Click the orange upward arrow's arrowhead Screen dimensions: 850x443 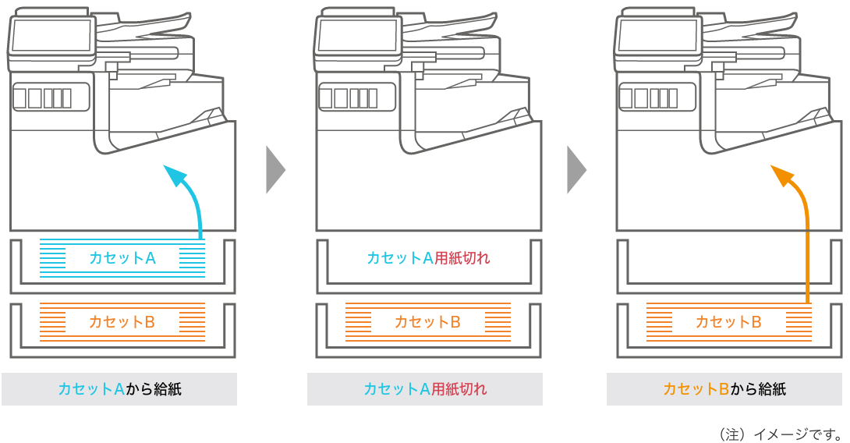[x=783, y=175]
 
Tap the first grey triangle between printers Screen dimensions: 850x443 [x=275, y=169]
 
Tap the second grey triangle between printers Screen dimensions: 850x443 [x=577, y=169]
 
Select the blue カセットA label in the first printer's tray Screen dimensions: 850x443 [x=122, y=257]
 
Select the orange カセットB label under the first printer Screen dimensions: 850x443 [x=122, y=322]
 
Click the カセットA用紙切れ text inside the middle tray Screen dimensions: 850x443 [x=428, y=257]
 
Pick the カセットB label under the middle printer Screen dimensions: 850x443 [x=427, y=322]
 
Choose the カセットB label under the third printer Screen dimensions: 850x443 [x=728, y=322]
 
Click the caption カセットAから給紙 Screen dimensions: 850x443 [x=119, y=388]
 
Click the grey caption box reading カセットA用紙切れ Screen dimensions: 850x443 [x=425, y=388]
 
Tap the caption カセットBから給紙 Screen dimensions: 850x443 [x=724, y=388]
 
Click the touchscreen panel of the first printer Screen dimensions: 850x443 [x=51, y=36]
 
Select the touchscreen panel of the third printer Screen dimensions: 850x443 [x=657, y=36]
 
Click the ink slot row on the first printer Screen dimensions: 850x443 [x=43, y=98]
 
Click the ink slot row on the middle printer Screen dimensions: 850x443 [x=349, y=98]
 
